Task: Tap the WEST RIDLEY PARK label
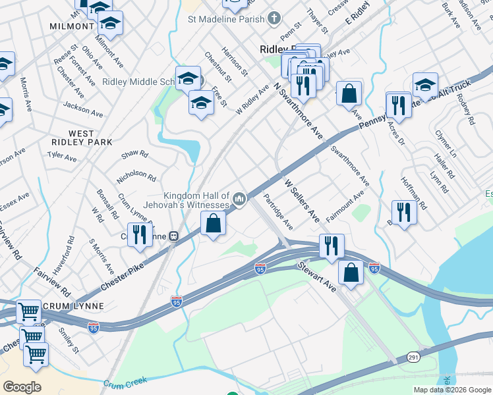[x=81, y=138]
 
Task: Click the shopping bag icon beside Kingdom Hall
[x=214, y=224]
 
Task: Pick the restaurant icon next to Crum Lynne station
[x=139, y=235]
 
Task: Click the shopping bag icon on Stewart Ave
[x=351, y=271]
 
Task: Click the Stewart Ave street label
[x=316, y=277]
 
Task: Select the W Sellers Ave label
[x=302, y=199]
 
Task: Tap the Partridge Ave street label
[x=278, y=211]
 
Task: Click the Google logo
[x=22, y=386]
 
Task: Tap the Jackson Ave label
[x=83, y=109]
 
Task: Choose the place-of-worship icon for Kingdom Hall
[x=239, y=197]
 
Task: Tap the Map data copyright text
[x=451, y=390]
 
